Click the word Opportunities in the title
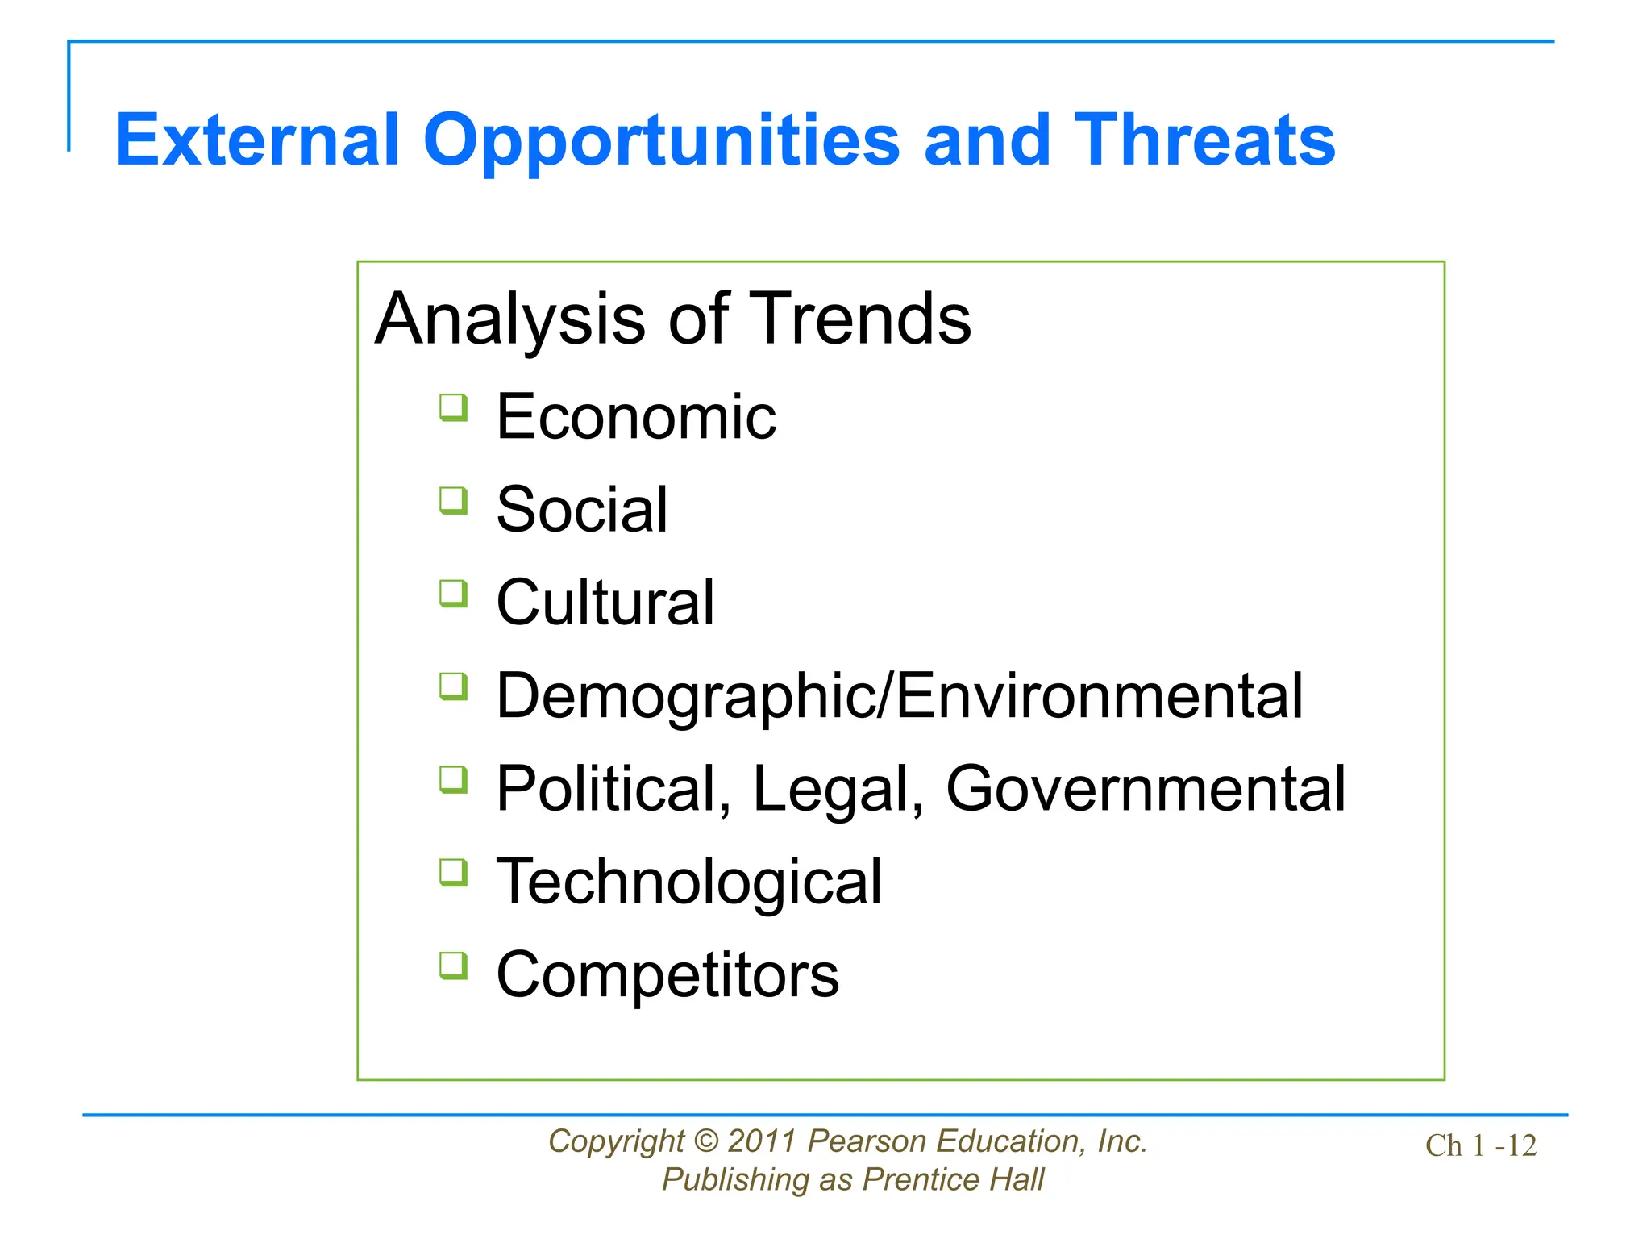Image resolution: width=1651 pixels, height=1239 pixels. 660,141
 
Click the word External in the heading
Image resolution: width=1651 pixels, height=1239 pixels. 257,141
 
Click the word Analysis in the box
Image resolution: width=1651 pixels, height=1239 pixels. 512,319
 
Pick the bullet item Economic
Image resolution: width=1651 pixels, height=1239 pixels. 636,417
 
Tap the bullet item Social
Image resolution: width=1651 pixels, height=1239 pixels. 581,510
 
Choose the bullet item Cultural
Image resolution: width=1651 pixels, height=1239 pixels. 605,603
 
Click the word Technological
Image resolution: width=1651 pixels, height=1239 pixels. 689,882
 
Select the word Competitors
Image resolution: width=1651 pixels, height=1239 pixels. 667,974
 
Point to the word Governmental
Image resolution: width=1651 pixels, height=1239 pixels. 1146,789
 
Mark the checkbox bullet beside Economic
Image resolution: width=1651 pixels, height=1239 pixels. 454,407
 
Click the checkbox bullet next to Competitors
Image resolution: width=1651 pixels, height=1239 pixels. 454,966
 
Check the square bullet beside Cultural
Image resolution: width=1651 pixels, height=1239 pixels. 454,594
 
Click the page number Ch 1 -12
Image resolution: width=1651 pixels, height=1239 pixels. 1481,1145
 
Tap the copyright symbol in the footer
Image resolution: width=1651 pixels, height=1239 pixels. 706,1141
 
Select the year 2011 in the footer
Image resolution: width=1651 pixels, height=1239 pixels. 763,1141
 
